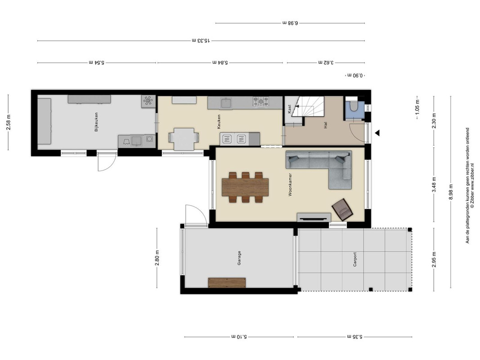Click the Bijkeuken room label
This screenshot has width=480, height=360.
[96, 122]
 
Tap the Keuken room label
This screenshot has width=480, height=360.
[219, 121]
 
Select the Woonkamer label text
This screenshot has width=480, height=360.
[290, 184]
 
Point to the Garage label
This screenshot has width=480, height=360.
[239, 258]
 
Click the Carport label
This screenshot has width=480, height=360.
[355, 259]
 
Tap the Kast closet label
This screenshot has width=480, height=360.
[289, 109]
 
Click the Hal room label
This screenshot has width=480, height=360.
[325, 125]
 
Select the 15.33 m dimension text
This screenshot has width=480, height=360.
[201, 40]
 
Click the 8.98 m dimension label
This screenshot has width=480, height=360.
[451, 192]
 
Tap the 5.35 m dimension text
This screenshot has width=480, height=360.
[354, 337]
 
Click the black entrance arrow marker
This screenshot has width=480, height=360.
[377, 133]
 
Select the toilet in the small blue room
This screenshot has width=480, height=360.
[354, 106]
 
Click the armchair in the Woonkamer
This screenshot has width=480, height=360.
[342, 209]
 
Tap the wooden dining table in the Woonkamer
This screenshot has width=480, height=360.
[245, 187]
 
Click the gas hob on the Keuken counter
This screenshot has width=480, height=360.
[260, 102]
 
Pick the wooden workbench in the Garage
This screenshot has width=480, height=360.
[227, 283]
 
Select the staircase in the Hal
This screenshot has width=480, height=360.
[307, 106]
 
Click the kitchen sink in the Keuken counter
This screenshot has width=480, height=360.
[227, 103]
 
